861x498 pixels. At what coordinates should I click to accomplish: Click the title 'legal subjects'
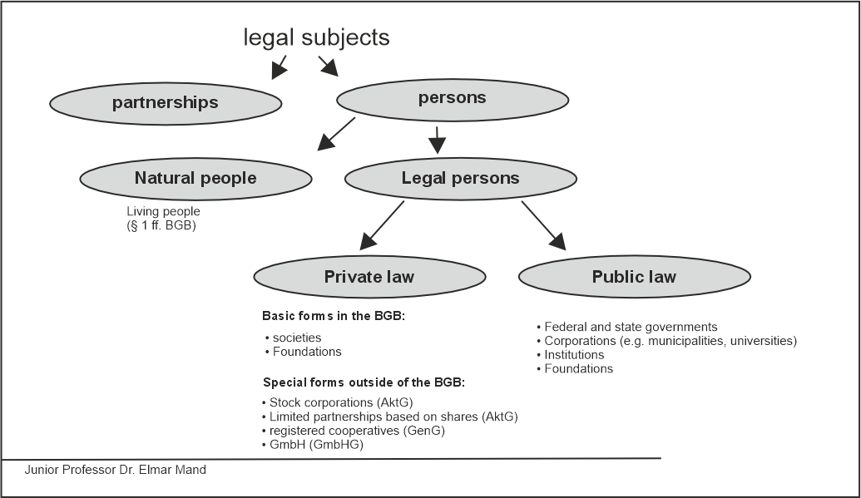click(316, 37)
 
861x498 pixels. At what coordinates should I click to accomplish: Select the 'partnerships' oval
click(166, 103)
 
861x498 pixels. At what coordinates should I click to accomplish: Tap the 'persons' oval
click(452, 99)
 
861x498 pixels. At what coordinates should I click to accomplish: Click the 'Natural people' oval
click(195, 178)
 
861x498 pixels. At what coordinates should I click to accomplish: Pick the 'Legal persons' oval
click(460, 178)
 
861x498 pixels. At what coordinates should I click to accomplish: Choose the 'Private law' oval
click(369, 277)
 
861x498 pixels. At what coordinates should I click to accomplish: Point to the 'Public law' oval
click(634, 277)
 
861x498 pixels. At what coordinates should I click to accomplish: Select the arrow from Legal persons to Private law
click(382, 224)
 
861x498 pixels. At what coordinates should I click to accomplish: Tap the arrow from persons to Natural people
click(337, 134)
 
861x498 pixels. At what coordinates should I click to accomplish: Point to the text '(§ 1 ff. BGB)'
click(161, 224)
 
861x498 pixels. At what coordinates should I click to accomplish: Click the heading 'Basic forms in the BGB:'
click(333, 316)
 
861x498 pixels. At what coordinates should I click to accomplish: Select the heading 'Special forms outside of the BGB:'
click(364, 383)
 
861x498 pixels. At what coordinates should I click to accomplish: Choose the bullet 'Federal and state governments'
click(631, 327)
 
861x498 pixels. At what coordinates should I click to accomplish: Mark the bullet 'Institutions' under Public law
click(574, 355)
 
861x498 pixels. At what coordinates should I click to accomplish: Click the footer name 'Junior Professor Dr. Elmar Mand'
click(115, 470)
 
